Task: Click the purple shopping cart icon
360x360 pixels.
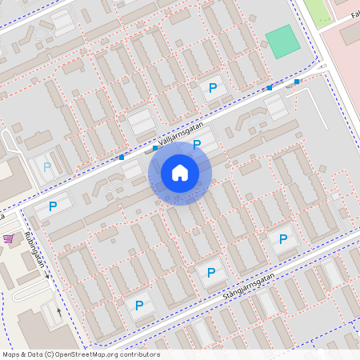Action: (8, 238)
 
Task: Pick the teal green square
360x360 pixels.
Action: (281, 42)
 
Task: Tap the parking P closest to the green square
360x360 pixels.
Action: (213, 88)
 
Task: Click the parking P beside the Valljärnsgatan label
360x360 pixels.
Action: (197, 145)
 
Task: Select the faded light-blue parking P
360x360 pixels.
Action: (47, 166)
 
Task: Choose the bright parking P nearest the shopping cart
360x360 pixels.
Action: (53, 206)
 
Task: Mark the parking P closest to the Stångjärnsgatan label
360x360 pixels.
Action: (211, 273)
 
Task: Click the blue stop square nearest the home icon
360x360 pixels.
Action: (155, 148)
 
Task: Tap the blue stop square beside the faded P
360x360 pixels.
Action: (122, 158)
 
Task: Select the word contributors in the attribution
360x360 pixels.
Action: (142, 354)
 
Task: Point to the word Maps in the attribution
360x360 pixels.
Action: (12, 354)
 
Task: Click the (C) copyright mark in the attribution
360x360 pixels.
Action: (50, 354)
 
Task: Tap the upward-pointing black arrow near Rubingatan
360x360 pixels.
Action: (58, 311)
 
